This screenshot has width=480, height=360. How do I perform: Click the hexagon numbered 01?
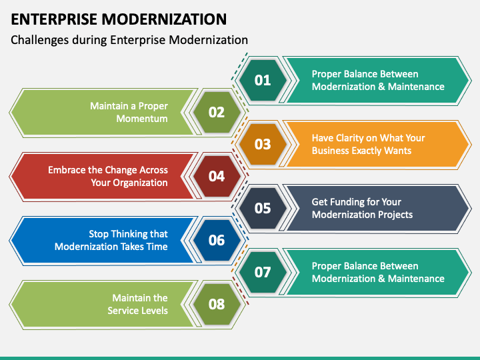[263, 80]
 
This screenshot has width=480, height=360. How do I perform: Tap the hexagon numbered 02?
[217, 113]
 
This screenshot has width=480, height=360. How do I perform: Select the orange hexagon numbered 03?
[263, 144]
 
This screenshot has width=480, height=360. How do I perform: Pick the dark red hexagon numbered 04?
[217, 176]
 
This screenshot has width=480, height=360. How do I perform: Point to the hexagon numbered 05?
[263, 208]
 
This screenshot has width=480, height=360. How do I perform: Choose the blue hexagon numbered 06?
[217, 240]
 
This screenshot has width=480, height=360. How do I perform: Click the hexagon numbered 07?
[263, 272]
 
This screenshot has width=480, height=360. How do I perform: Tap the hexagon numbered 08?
[217, 304]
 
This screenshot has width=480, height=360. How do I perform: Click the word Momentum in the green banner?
[142, 119]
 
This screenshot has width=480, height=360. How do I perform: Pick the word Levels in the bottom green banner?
[154, 311]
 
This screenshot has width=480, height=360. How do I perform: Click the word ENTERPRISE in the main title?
[54, 19]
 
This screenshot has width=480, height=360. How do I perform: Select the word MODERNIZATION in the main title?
[164, 19]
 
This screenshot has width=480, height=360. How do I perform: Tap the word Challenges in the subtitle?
[40, 40]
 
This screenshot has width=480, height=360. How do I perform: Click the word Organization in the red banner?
[140, 183]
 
